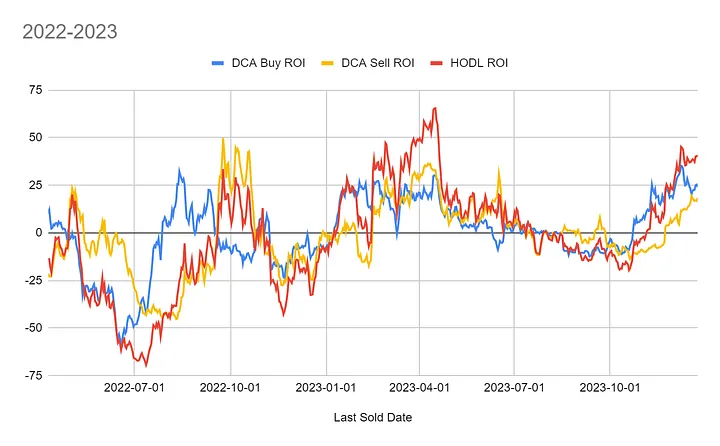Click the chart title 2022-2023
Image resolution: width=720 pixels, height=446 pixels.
(70, 32)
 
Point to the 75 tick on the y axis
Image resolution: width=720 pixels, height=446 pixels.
(35, 90)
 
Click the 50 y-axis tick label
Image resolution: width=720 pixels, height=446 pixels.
(35, 137)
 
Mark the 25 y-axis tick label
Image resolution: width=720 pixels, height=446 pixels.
(35, 185)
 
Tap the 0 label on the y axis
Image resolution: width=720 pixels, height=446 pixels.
(38, 232)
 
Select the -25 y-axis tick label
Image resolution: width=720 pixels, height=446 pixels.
(32, 280)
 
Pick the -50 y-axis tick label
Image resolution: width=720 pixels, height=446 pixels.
(32, 327)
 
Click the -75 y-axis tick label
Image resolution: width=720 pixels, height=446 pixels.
(32, 375)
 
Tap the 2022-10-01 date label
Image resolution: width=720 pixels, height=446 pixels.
(231, 386)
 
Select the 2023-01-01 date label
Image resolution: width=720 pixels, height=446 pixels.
(325, 386)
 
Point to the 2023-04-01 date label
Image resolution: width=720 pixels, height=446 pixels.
(419, 386)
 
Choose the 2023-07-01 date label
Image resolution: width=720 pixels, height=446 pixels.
(514, 386)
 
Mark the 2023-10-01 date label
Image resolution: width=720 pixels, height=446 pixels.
(608, 386)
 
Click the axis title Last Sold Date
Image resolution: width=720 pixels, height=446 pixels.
(372, 417)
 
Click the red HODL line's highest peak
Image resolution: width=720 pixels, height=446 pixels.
(434, 108)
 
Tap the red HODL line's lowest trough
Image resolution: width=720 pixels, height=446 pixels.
(146, 366)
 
